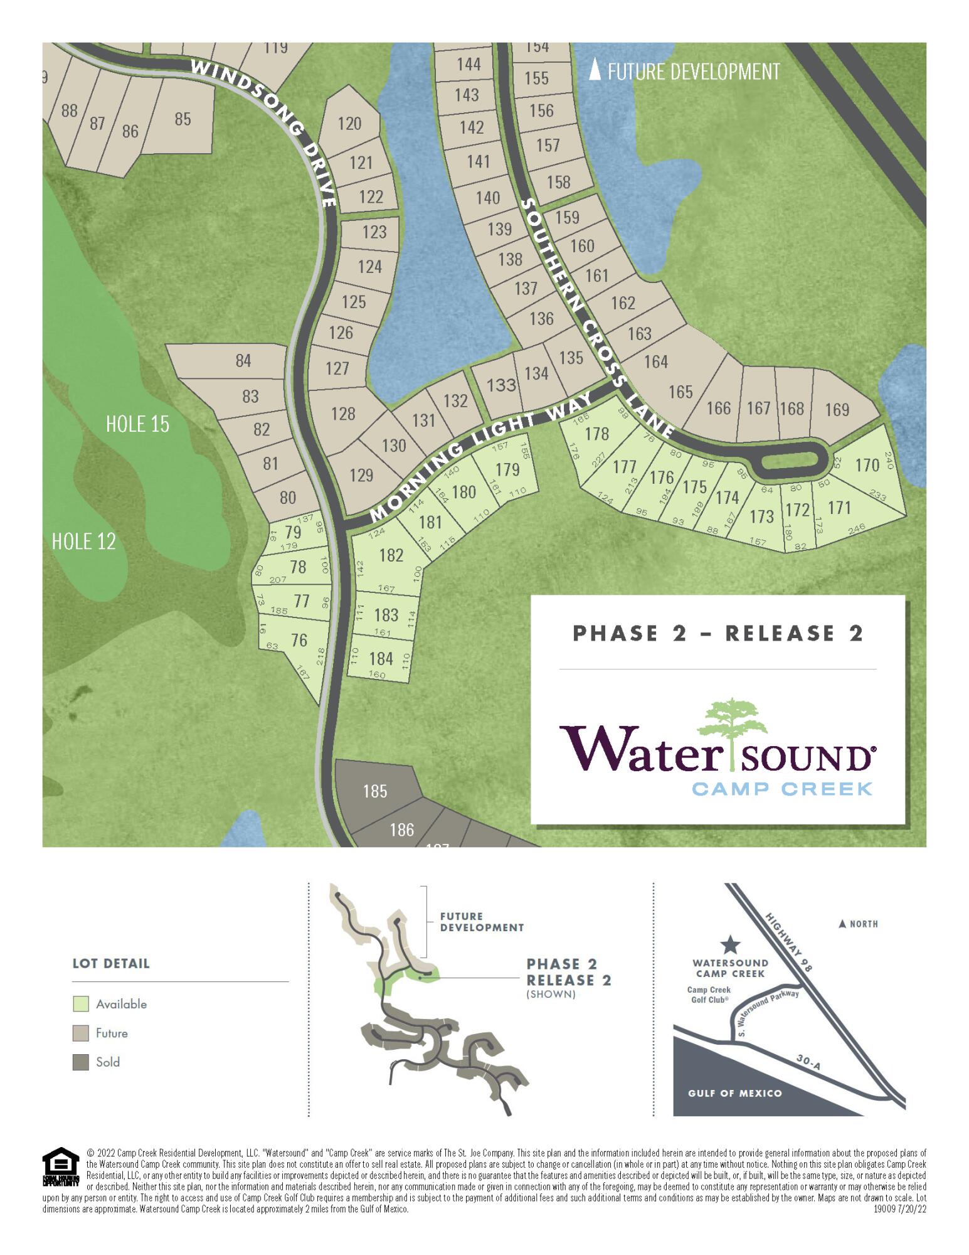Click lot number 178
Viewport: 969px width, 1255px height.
click(x=596, y=434)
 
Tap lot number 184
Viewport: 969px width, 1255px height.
click(x=381, y=658)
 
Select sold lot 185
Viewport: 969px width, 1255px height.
click(x=375, y=791)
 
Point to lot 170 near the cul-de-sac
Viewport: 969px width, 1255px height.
click(x=867, y=465)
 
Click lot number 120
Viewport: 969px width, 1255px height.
click(x=349, y=123)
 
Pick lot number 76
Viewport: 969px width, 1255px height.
click(x=299, y=639)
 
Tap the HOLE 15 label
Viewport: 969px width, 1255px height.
click(x=137, y=424)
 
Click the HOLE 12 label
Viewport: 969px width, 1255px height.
click(x=83, y=541)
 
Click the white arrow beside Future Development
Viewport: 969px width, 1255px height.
click(x=595, y=70)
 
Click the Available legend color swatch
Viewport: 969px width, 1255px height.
click(x=80, y=1004)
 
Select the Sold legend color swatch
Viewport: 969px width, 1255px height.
click(x=80, y=1062)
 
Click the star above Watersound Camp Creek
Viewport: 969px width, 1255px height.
click(x=730, y=944)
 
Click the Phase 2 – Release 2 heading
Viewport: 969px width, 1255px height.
click(x=717, y=633)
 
